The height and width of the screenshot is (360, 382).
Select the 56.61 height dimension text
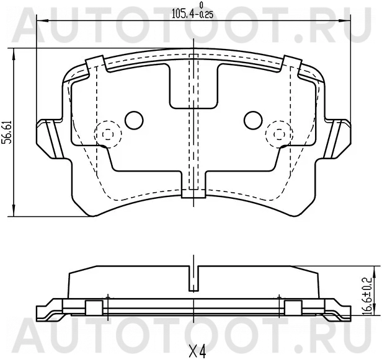(6, 133)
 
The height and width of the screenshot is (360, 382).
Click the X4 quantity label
(197, 351)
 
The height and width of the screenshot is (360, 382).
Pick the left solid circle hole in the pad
(134, 119)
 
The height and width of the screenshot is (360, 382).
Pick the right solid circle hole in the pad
(252, 119)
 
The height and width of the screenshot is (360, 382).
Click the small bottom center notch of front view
(193, 193)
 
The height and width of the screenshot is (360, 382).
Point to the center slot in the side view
(194, 279)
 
